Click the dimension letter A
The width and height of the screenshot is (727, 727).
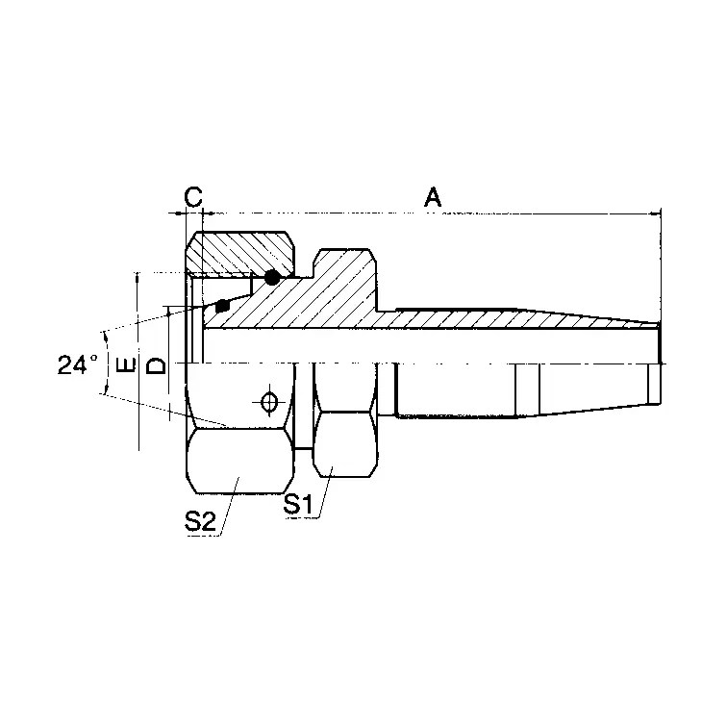[433, 197]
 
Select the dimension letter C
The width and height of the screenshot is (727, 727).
[192, 197]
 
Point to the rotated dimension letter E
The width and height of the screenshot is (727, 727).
[124, 365]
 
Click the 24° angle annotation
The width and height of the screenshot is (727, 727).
[77, 365]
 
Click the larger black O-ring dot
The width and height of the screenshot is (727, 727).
[272, 278]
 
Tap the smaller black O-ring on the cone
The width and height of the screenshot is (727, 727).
[223, 307]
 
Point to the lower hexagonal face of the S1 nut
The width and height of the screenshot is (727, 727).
[342, 442]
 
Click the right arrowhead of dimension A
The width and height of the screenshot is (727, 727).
[656, 212]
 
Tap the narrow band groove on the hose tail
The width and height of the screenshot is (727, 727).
[527, 390]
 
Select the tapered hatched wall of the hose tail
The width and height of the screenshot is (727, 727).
[577, 317]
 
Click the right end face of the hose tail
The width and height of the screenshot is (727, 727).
[661, 344]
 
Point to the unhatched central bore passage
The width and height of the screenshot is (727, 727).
[433, 342]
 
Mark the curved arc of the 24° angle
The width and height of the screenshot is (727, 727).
[103, 365]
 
